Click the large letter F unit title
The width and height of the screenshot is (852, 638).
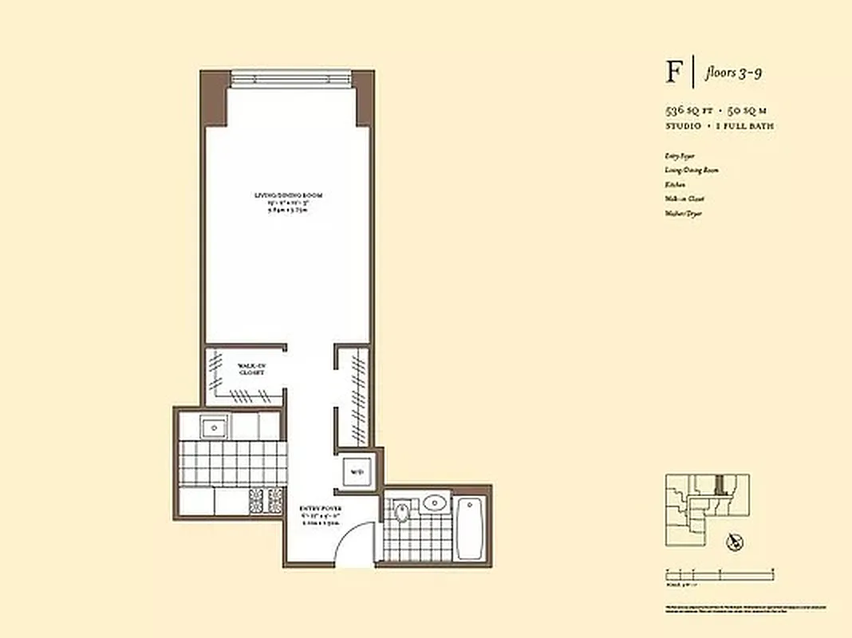click(x=675, y=73)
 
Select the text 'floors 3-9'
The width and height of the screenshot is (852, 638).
click(x=733, y=73)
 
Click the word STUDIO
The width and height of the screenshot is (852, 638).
click(x=684, y=126)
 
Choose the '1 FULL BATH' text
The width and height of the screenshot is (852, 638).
click(x=746, y=126)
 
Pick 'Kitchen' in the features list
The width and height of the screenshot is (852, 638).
click(x=674, y=185)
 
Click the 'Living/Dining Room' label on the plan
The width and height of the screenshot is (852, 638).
click(x=288, y=195)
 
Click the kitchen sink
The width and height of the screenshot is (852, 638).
click(x=215, y=427)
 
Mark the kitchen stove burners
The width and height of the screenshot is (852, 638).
click(x=266, y=500)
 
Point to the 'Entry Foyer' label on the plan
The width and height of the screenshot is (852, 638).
click(x=321, y=508)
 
